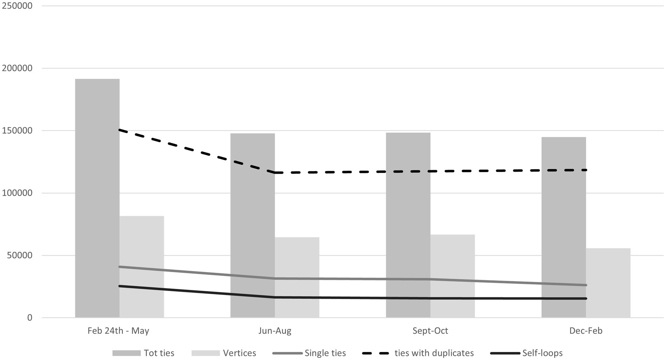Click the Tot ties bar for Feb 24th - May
coord(97,198)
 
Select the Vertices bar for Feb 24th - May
coord(142,267)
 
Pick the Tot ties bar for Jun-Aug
coord(252,226)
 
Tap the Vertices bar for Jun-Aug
coord(297,277)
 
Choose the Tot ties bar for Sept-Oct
coord(408,225)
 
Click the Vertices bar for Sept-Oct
coord(452,276)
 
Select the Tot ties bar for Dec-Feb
coord(563,227)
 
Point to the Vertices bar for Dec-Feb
coord(608,283)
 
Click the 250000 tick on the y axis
coord(17,6)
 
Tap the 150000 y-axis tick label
coord(17,131)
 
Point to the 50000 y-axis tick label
coord(20,255)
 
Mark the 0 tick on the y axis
coord(29,318)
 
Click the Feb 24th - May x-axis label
coord(118,331)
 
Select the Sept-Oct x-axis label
coord(430,331)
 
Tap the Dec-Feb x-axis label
coord(586,331)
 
